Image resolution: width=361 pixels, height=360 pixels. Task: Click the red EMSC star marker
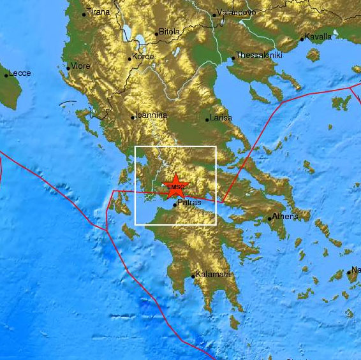[175, 187]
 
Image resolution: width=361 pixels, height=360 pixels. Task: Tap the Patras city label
[189, 203]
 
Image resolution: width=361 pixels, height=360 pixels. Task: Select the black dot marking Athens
[270, 218]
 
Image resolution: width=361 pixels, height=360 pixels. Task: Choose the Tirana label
[98, 12]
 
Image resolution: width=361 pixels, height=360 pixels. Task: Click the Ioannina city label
[151, 116]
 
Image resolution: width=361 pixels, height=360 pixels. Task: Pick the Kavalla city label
[318, 37]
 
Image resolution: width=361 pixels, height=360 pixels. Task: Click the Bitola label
[169, 31]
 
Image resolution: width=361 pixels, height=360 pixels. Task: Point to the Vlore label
[81, 66]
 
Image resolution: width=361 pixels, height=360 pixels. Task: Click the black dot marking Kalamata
[193, 277]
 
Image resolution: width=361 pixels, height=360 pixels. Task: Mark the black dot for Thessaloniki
[233, 61]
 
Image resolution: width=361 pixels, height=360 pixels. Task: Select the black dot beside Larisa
[207, 119]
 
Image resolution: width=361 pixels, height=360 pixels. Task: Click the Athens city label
[285, 217]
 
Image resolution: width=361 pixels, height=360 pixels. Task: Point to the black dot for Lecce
[6, 75]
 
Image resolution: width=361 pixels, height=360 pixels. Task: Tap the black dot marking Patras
[175, 205]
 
